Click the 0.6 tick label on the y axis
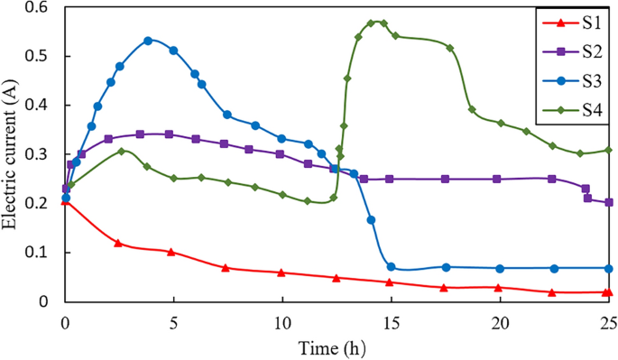[x=39, y=7]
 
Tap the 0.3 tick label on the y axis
[x=39, y=154]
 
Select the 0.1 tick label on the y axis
[x=39, y=253]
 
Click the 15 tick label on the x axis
[x=391, y=322]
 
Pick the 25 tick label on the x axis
[x=608, y=322]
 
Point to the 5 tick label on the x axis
[x=173, y=322]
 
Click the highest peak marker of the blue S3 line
[x=148, y=41]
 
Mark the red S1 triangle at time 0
[x=65, y=201]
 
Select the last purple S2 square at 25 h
[x=609, y=202]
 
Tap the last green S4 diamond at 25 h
[x=609, y=150]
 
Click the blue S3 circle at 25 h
[x=609, y=268]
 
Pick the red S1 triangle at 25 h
[x=609, y=292]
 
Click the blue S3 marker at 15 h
[x=391, y=267]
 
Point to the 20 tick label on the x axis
[x=500, y=322]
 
